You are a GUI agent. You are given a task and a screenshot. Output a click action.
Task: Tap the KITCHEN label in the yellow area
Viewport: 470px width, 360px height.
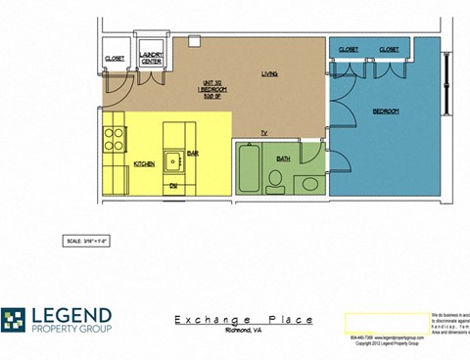click(x=144, y=163)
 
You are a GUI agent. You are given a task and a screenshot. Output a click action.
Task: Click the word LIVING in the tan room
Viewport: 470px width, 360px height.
click(x=270, y=74)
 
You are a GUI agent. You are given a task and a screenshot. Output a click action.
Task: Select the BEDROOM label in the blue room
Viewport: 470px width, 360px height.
click(x=386, y=112)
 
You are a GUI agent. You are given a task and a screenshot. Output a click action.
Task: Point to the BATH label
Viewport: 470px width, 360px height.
click(x=284, y=157)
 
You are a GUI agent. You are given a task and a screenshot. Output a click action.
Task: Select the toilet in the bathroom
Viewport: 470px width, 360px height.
click(x=275, y=178)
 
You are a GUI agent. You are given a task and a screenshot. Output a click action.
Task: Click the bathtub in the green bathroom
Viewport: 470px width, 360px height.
click(x=247, y=168)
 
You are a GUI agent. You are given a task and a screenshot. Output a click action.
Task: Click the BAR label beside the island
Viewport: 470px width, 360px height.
click(x=193, y=154)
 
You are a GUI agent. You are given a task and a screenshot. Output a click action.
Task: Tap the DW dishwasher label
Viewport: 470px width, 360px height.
click(x=172, y=185)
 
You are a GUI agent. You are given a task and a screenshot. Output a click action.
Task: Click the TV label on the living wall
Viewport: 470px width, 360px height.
click(x=263, y=132)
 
